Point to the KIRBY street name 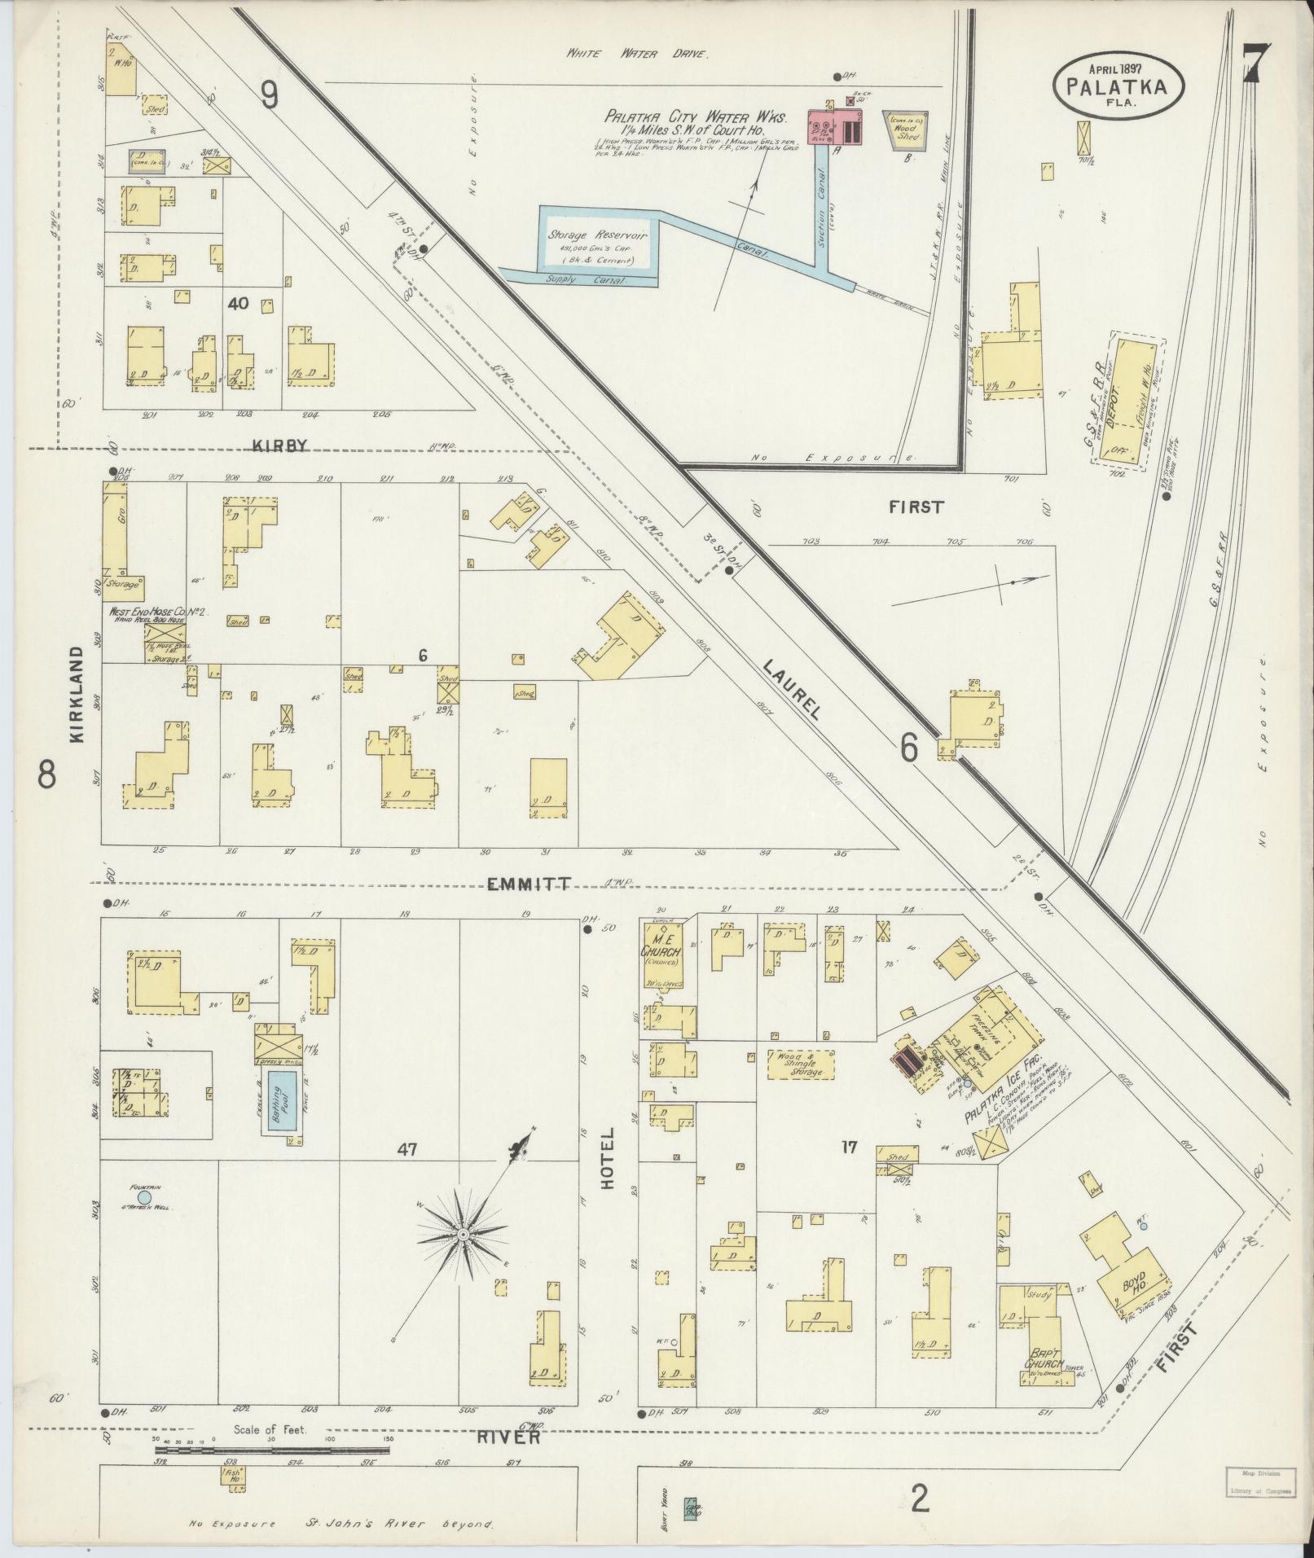[279, 445]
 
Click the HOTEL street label [608, 1170]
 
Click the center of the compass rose [463, 1258]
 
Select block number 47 [407, 1150]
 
